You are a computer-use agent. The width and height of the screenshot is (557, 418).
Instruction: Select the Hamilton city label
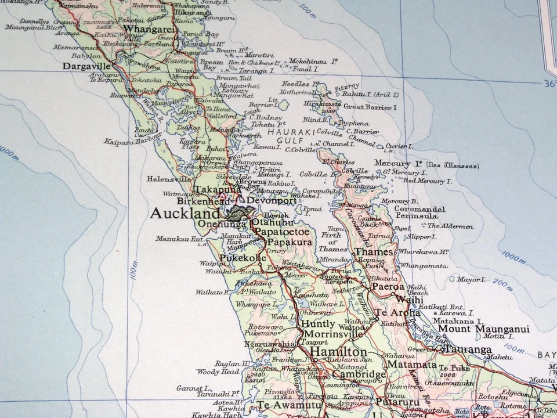pos(338,352)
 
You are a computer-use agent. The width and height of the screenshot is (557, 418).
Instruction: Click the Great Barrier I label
pos(370,107)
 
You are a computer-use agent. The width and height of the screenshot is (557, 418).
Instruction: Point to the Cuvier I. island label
pos(399,146)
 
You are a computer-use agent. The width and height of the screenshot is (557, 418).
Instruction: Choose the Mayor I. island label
pos(471,279)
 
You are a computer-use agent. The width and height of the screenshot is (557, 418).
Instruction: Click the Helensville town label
pos(168,179)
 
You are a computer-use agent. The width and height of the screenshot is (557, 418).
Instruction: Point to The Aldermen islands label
pos(450,226)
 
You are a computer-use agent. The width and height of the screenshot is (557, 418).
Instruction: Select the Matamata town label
pos(412,365)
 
